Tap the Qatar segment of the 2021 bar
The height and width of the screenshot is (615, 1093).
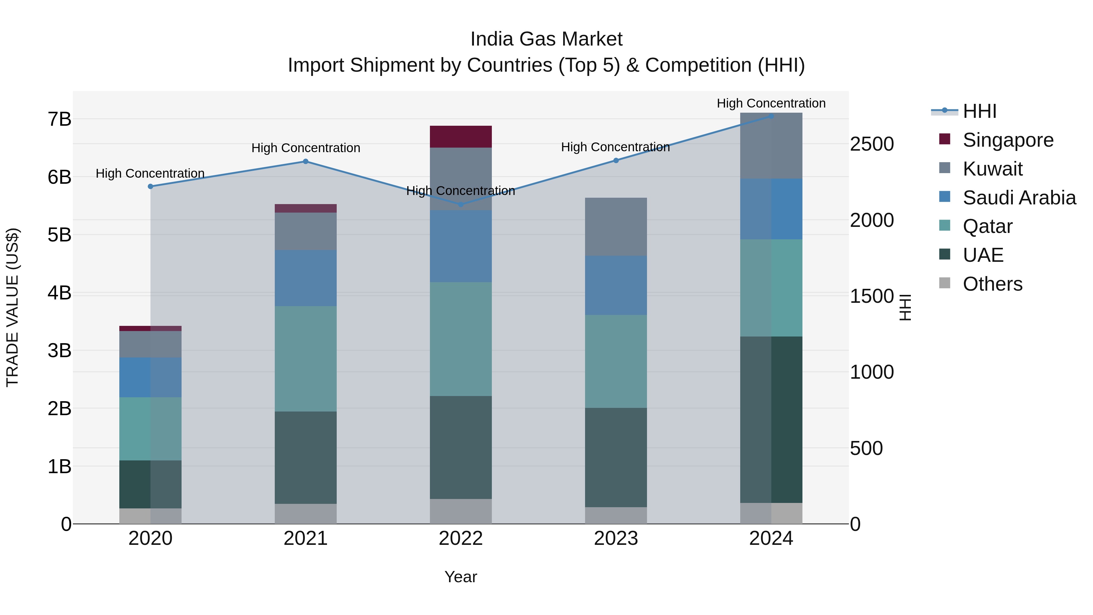click(305, 359)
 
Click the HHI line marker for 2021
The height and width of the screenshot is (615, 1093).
click(305, 161)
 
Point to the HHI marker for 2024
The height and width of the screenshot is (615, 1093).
click(771, 116)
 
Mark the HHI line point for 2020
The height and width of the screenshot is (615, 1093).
click(150, 186)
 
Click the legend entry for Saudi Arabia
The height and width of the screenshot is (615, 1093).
click(1019, 198)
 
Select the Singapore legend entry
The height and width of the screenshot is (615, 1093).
click(1008, 140)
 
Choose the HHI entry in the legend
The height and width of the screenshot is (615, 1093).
click(979, 111)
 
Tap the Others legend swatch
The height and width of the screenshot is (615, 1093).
click(945, 283)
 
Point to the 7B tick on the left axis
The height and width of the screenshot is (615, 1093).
click(60, 119)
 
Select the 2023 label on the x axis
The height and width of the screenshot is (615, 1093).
click(616, 538)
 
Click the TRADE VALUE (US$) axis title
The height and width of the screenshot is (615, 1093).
click(13, 307)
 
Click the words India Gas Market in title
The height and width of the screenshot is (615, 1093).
click(546, 39)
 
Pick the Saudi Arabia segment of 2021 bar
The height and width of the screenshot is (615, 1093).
click(305, 278)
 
